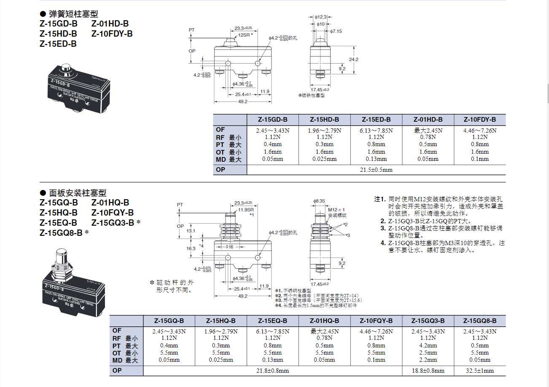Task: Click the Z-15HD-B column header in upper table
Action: (x=324, y=120)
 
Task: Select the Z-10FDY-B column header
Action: (x=480, y=120)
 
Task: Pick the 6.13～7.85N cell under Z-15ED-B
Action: (x=376, y=131)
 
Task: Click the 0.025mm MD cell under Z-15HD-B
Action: (x=324, y=159)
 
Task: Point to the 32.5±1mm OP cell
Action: (x=480, y=371)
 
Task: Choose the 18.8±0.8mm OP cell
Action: (x=428, y=371)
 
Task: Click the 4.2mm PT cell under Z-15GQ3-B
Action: (x=428, y=346)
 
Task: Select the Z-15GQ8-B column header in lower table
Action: (x=480, y=320)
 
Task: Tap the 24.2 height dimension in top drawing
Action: (x=354, y=59)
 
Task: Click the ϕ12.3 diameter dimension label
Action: (x=321, y=17)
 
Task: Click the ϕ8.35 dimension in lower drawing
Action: (x=320, y=201)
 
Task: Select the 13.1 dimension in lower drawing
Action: (x=191, y=231)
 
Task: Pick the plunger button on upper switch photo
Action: (x=65, y=68)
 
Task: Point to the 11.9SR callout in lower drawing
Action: (x=246, y=210)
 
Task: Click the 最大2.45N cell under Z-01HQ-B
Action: (x=324, y=331)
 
